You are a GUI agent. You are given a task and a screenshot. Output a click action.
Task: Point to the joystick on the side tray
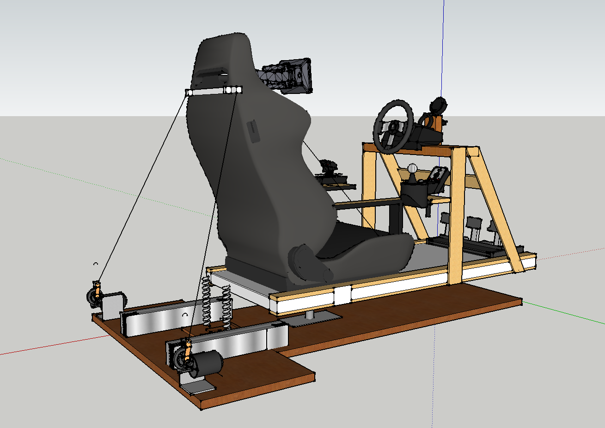click(x=329, y=168)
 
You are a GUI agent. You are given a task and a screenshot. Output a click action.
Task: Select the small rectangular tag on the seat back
click(x=254, y=131)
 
